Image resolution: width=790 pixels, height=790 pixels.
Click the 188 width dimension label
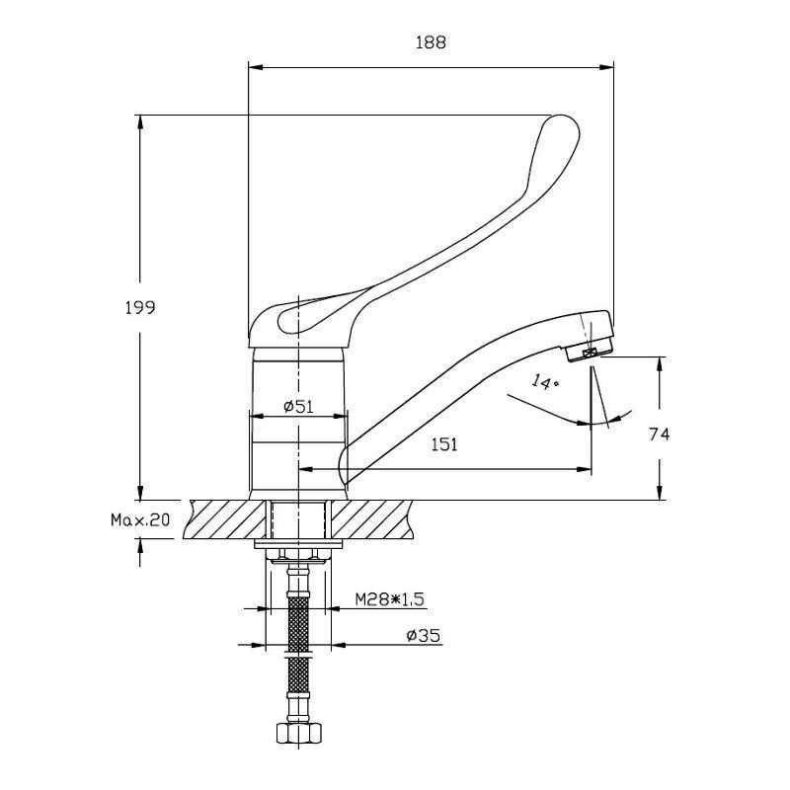pos(431,42)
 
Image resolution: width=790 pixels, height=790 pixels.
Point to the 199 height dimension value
pos(140,307)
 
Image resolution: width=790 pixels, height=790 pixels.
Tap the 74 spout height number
pos(659,434)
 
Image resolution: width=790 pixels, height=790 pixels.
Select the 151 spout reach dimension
pos(444,444)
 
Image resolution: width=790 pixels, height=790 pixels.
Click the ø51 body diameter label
pos(298,406)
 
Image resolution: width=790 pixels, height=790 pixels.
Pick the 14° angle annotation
pos(544,381)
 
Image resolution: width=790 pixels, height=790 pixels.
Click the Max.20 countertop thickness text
pos(140,520)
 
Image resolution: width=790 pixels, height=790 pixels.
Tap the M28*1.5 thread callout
pos(389,599)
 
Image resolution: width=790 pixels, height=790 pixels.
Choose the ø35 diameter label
pos(424,636)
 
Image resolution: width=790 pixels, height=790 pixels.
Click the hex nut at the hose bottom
pos(299,733)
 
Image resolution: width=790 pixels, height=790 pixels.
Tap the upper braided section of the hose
pos(299,624)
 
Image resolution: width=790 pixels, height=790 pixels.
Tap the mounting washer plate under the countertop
pos(299,544)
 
